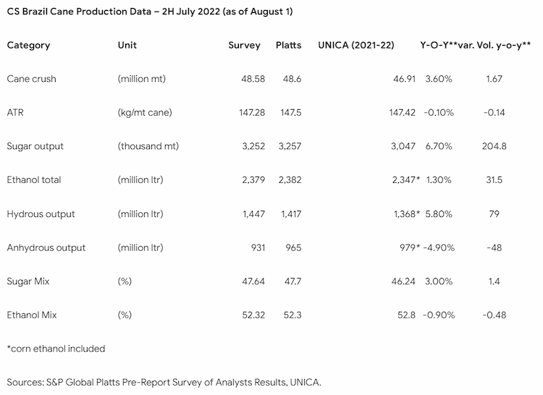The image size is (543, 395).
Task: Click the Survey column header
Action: click(x=244, y=46)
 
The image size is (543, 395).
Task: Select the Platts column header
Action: click(x=288, y=46)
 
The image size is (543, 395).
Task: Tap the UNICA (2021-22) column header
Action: click(x=356, y=46)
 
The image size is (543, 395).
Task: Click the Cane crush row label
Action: click(x=32, y=79)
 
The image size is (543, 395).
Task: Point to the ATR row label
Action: click(x=15, y=112)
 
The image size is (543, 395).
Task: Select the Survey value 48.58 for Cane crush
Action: click(x=253, y=79)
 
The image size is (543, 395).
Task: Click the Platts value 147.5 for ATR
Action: click(x=291, y=112)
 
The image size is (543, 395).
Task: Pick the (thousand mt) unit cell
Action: click(x=148, y=146)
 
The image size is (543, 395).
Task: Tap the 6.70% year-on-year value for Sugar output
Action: click(x=439, y=146)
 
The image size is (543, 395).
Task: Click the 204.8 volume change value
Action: click(x=494, y=146)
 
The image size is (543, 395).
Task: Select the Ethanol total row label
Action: click(x=34, y=180)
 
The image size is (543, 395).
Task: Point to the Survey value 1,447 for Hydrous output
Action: click(x=254, y=214)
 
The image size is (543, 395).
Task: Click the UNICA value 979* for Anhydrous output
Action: click(x=410, y=247)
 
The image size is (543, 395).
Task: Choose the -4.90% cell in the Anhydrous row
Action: click(x=439, y=247)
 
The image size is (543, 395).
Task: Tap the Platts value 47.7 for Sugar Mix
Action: click(x=293, y=281)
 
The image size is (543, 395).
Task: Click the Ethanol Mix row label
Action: click(x=32, y=315)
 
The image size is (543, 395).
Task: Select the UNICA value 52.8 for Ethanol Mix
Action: click(x=406, y=315)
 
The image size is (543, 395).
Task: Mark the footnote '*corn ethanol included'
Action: click(x=56, y=349)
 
